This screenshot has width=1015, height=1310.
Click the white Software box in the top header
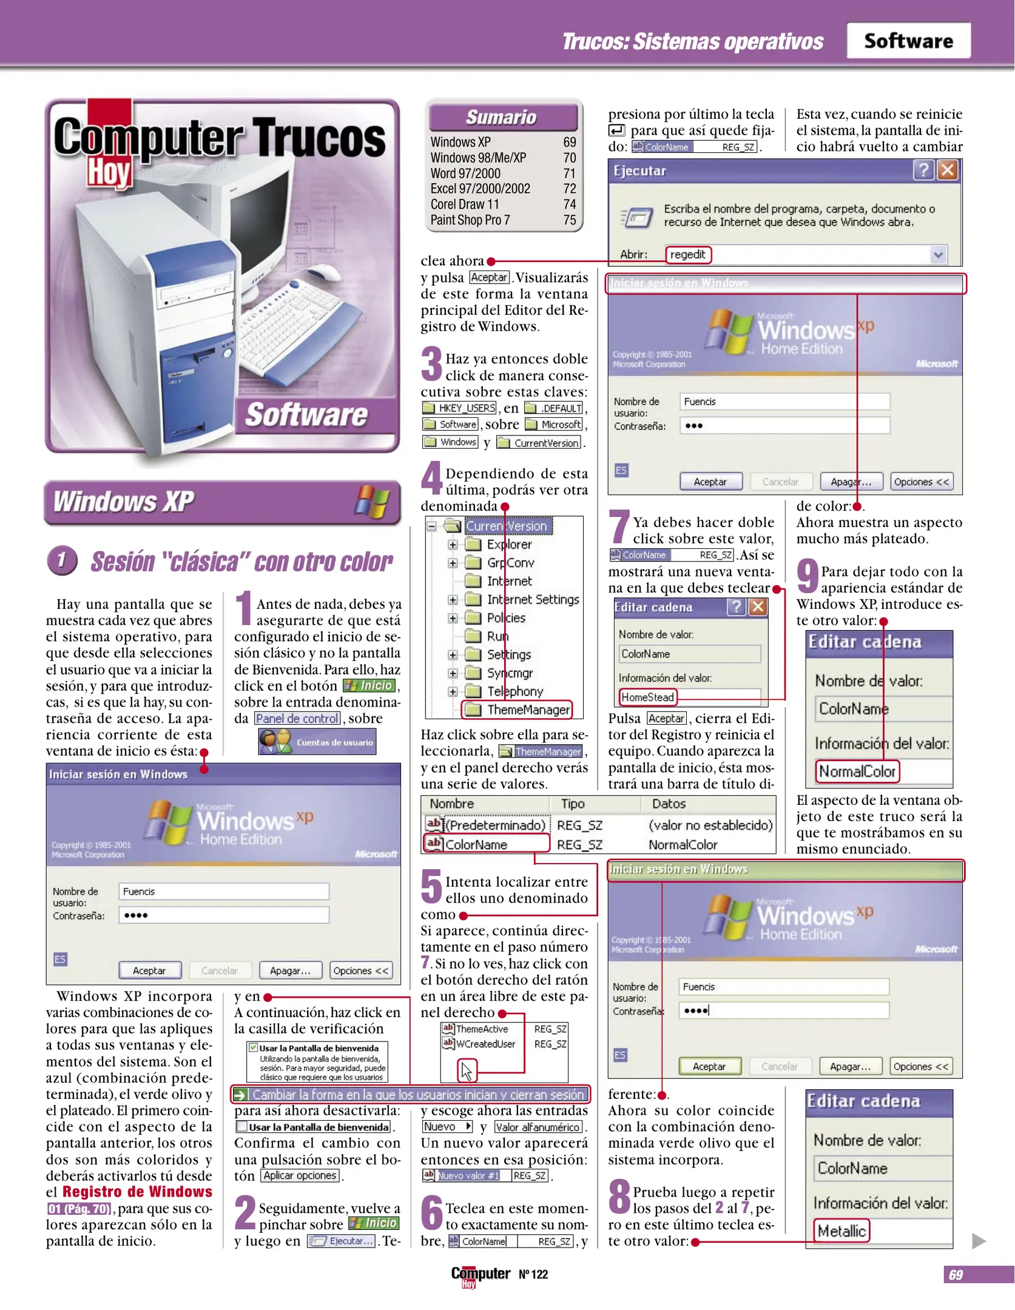[x=908, y=41]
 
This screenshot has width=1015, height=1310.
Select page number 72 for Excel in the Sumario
[x=569, y=189]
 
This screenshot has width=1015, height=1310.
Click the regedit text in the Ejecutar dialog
[x=687, y=254]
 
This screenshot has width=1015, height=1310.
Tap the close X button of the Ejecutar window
[x=947, y=170]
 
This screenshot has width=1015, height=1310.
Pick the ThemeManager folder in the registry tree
[x=528, y=709]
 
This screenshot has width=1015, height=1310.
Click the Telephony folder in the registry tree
[x=514, y=691]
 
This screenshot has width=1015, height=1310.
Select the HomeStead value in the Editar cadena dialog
[x=647, y=697]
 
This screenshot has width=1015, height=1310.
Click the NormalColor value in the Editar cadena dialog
[x=857, y=771]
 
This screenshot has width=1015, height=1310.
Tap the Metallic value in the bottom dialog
[x=841, y=1231]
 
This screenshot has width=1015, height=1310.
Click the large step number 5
[x=431, y=886]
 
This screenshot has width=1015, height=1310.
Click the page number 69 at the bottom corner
[x=956, y=1274]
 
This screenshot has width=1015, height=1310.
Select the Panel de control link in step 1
[x=297, y=718]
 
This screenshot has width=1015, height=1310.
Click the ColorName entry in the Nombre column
[x=476, y=844]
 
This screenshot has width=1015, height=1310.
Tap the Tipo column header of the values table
[x=572, y=804]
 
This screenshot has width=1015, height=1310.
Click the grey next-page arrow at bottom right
[x=978, y=1241]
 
